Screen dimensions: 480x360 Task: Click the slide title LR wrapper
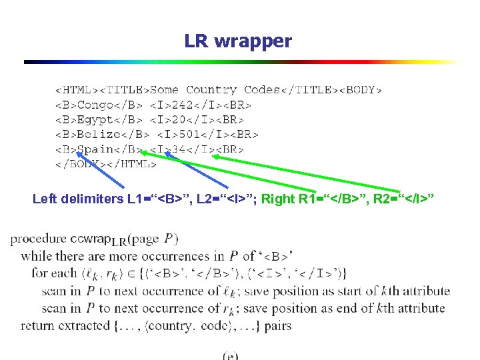click(238, 41)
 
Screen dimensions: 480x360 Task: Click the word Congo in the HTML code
click(96, 105)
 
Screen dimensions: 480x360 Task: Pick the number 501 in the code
click(189, 134)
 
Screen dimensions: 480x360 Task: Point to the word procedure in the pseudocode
click(38, 239)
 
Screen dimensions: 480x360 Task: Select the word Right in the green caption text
click(277, 199)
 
